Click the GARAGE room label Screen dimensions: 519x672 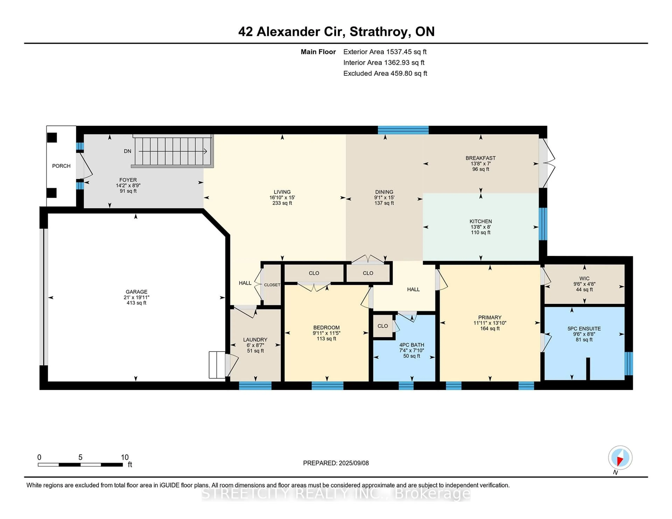point(136,292)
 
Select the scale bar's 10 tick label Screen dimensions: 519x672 point(125,457)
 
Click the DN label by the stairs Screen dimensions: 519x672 point(127,151)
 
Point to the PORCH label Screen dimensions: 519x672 point(61,166)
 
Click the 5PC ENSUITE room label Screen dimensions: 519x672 point(584,329)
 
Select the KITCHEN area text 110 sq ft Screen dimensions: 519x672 point(481,232)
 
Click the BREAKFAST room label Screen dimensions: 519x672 point(481,158)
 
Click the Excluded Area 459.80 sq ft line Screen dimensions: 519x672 point(385,73)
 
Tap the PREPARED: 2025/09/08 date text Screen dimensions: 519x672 point(336,463)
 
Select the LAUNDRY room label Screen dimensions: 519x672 point(255,340)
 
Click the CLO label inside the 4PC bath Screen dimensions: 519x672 point(383,326)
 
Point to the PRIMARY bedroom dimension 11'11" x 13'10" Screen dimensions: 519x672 point(490,323)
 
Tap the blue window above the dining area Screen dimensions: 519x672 point(403,130)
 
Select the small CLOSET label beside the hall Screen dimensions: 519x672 point(272,285)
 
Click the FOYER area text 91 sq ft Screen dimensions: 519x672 point(128,191)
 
